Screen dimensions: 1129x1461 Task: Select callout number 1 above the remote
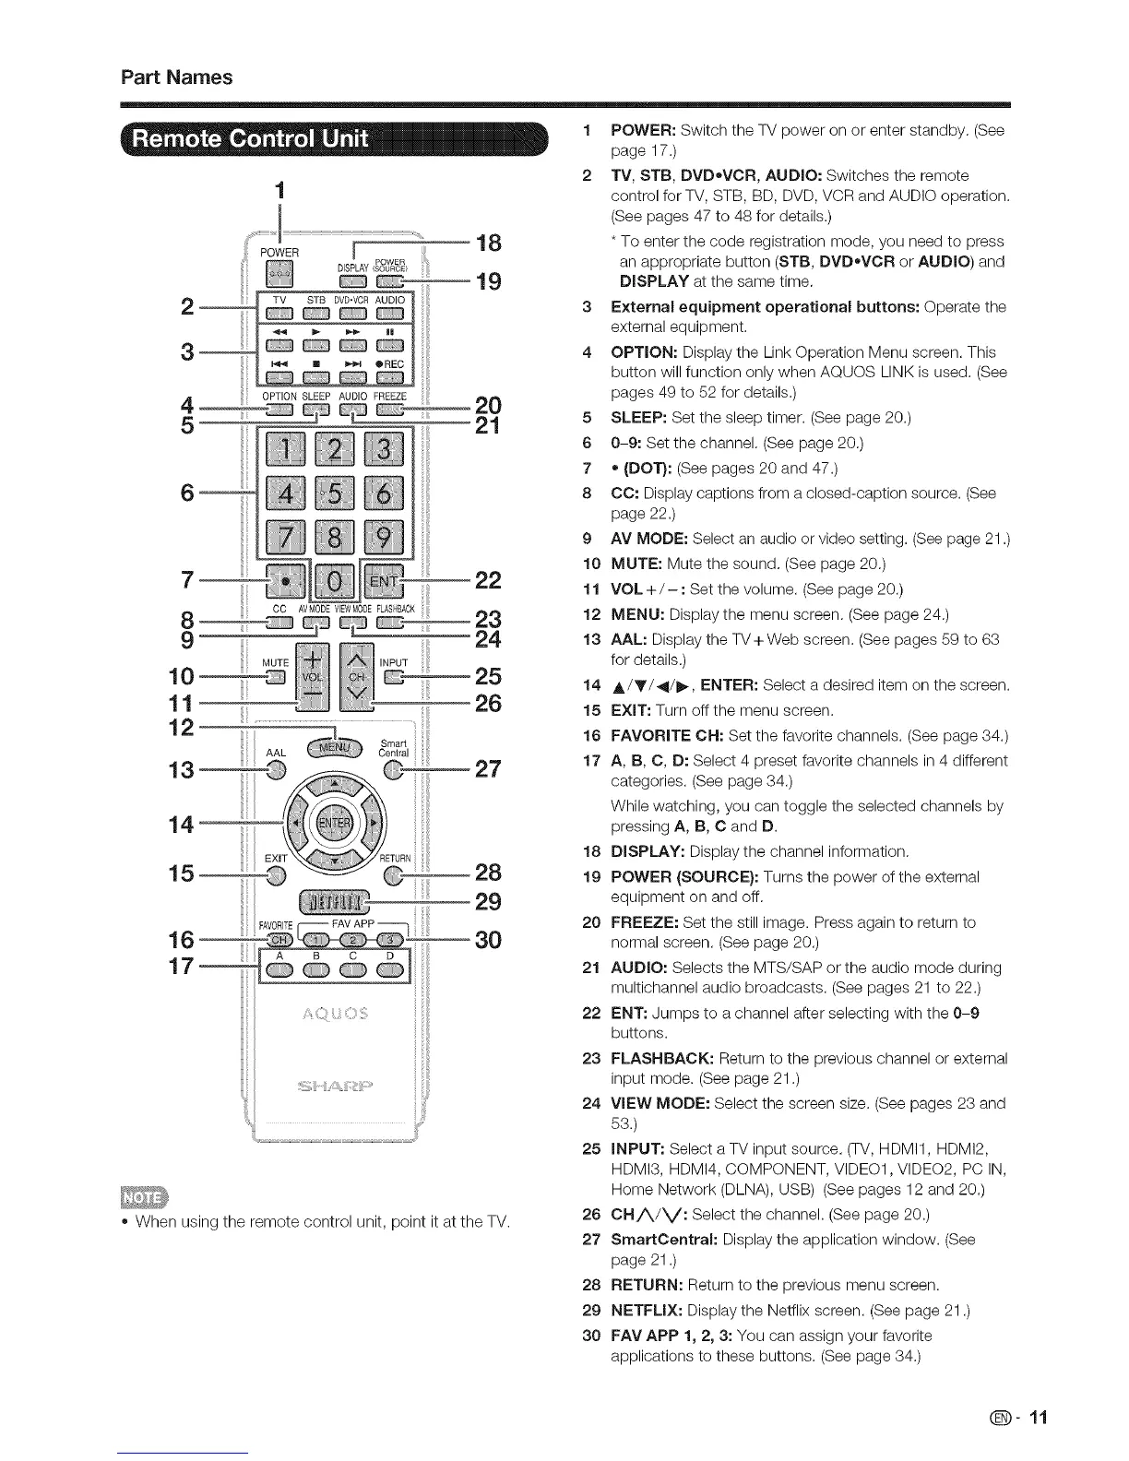(x=279, y=190)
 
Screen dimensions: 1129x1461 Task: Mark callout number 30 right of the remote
(x=487, y=940)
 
